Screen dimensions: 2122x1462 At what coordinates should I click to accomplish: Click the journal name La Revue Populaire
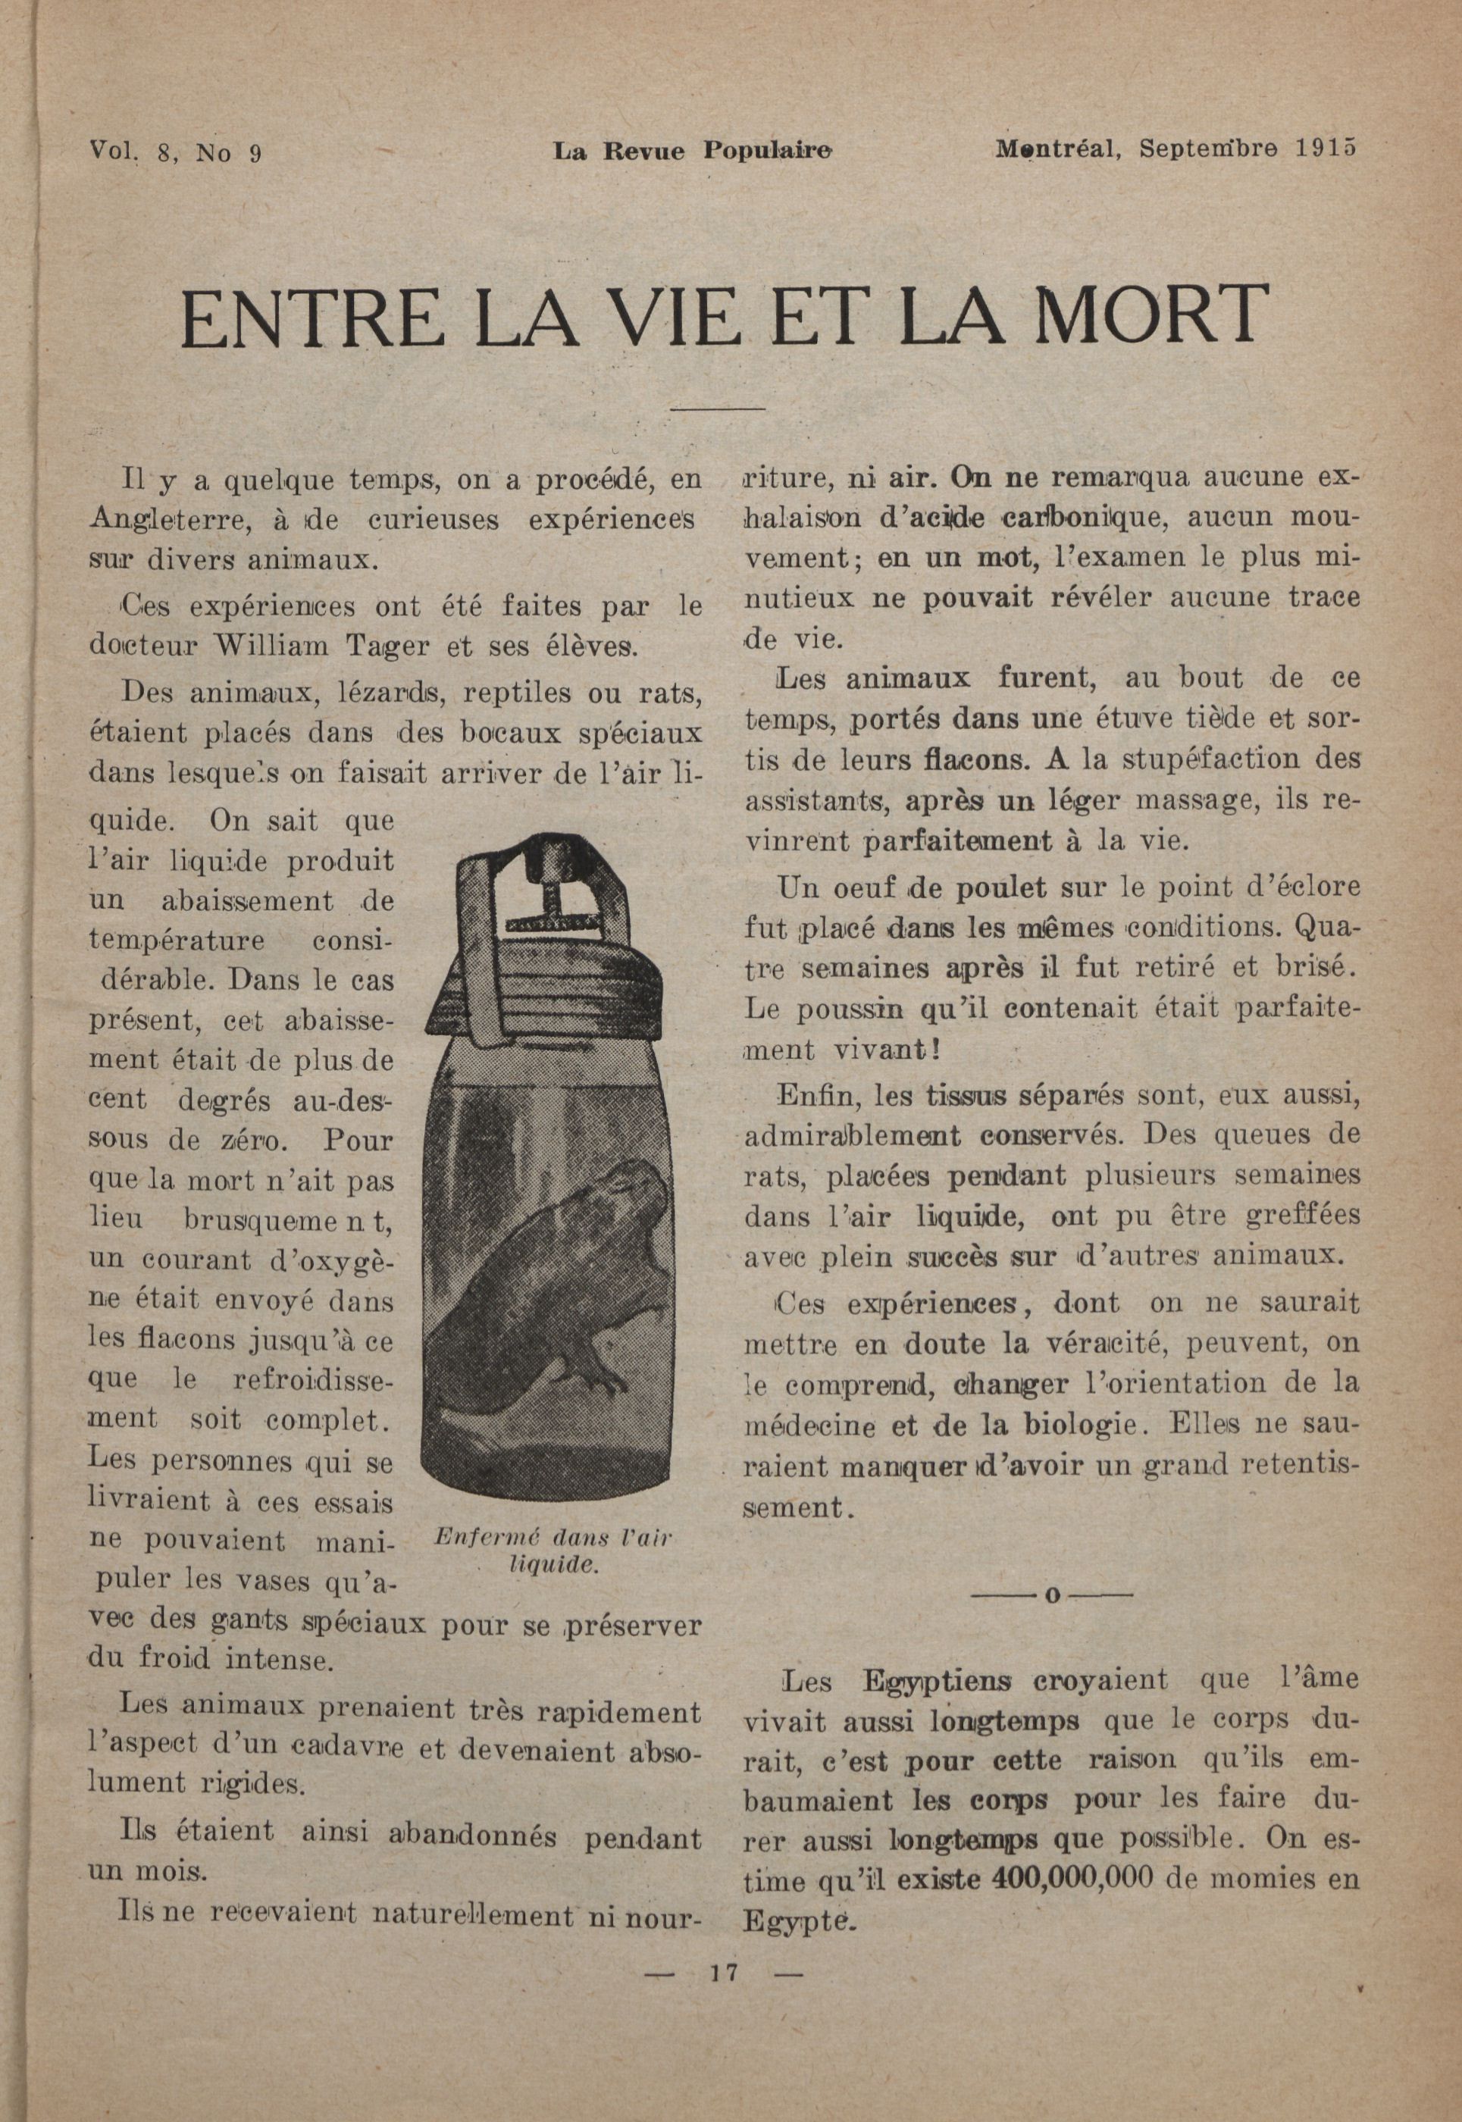pos(693,150)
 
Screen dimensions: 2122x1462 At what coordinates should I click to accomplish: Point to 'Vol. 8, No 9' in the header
pos(176,151)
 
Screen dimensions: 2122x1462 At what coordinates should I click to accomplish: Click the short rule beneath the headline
pos(719,408)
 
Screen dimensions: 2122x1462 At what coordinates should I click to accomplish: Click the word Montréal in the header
pos(1058,149)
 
